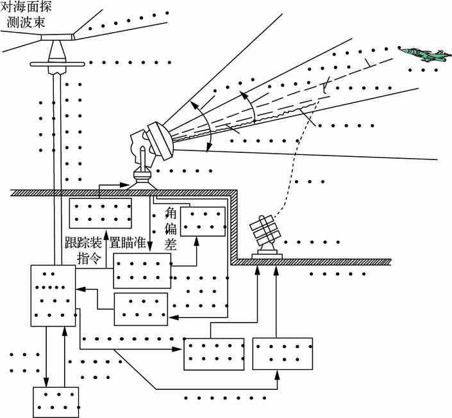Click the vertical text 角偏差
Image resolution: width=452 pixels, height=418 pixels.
171,225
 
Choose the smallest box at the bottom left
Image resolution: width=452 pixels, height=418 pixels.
56,402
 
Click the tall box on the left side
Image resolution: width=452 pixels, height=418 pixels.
53,296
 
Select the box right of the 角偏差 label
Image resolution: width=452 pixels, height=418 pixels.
203,221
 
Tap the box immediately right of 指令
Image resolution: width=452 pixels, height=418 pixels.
142,270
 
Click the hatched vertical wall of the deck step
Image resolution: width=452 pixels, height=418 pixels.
235,224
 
